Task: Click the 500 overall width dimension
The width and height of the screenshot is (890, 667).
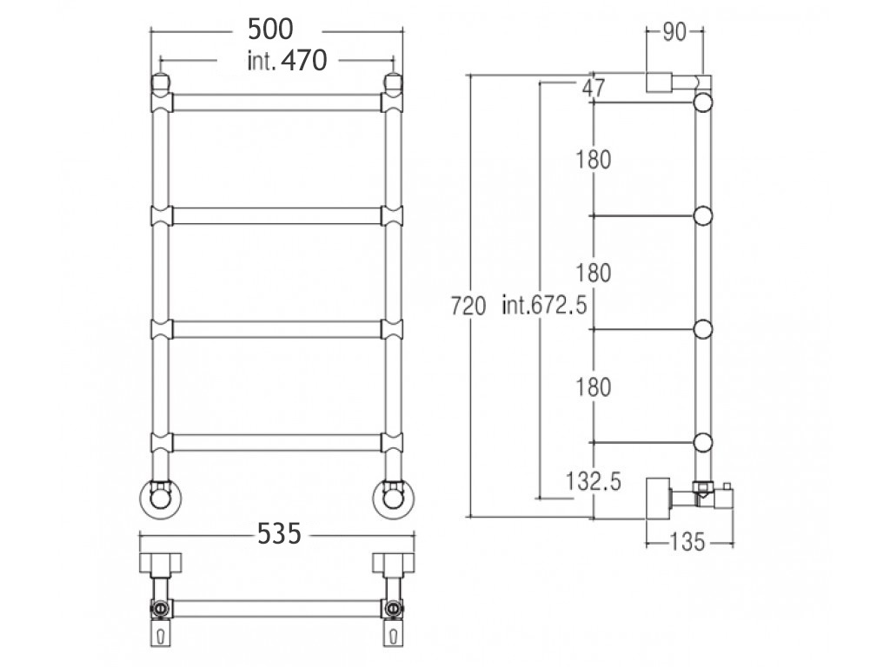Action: [x=270, y=30]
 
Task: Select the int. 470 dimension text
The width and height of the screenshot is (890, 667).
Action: [x=287, y=61]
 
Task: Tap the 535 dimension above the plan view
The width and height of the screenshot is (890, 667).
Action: [x=279, y=534]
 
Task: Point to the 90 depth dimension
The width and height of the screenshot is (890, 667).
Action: [x=674, y=33]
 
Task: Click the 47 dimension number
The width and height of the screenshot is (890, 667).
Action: [x=594, y=88]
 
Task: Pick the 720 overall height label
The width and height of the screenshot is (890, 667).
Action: [x=468, y=307]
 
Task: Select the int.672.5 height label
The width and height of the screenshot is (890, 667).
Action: [x=544, y=307]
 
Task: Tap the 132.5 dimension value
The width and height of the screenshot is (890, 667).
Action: [x=593, y=481]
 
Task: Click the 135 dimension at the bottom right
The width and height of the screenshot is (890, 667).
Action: [x=687, y=542]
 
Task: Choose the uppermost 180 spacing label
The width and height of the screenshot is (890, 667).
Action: [x=594, y=160]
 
